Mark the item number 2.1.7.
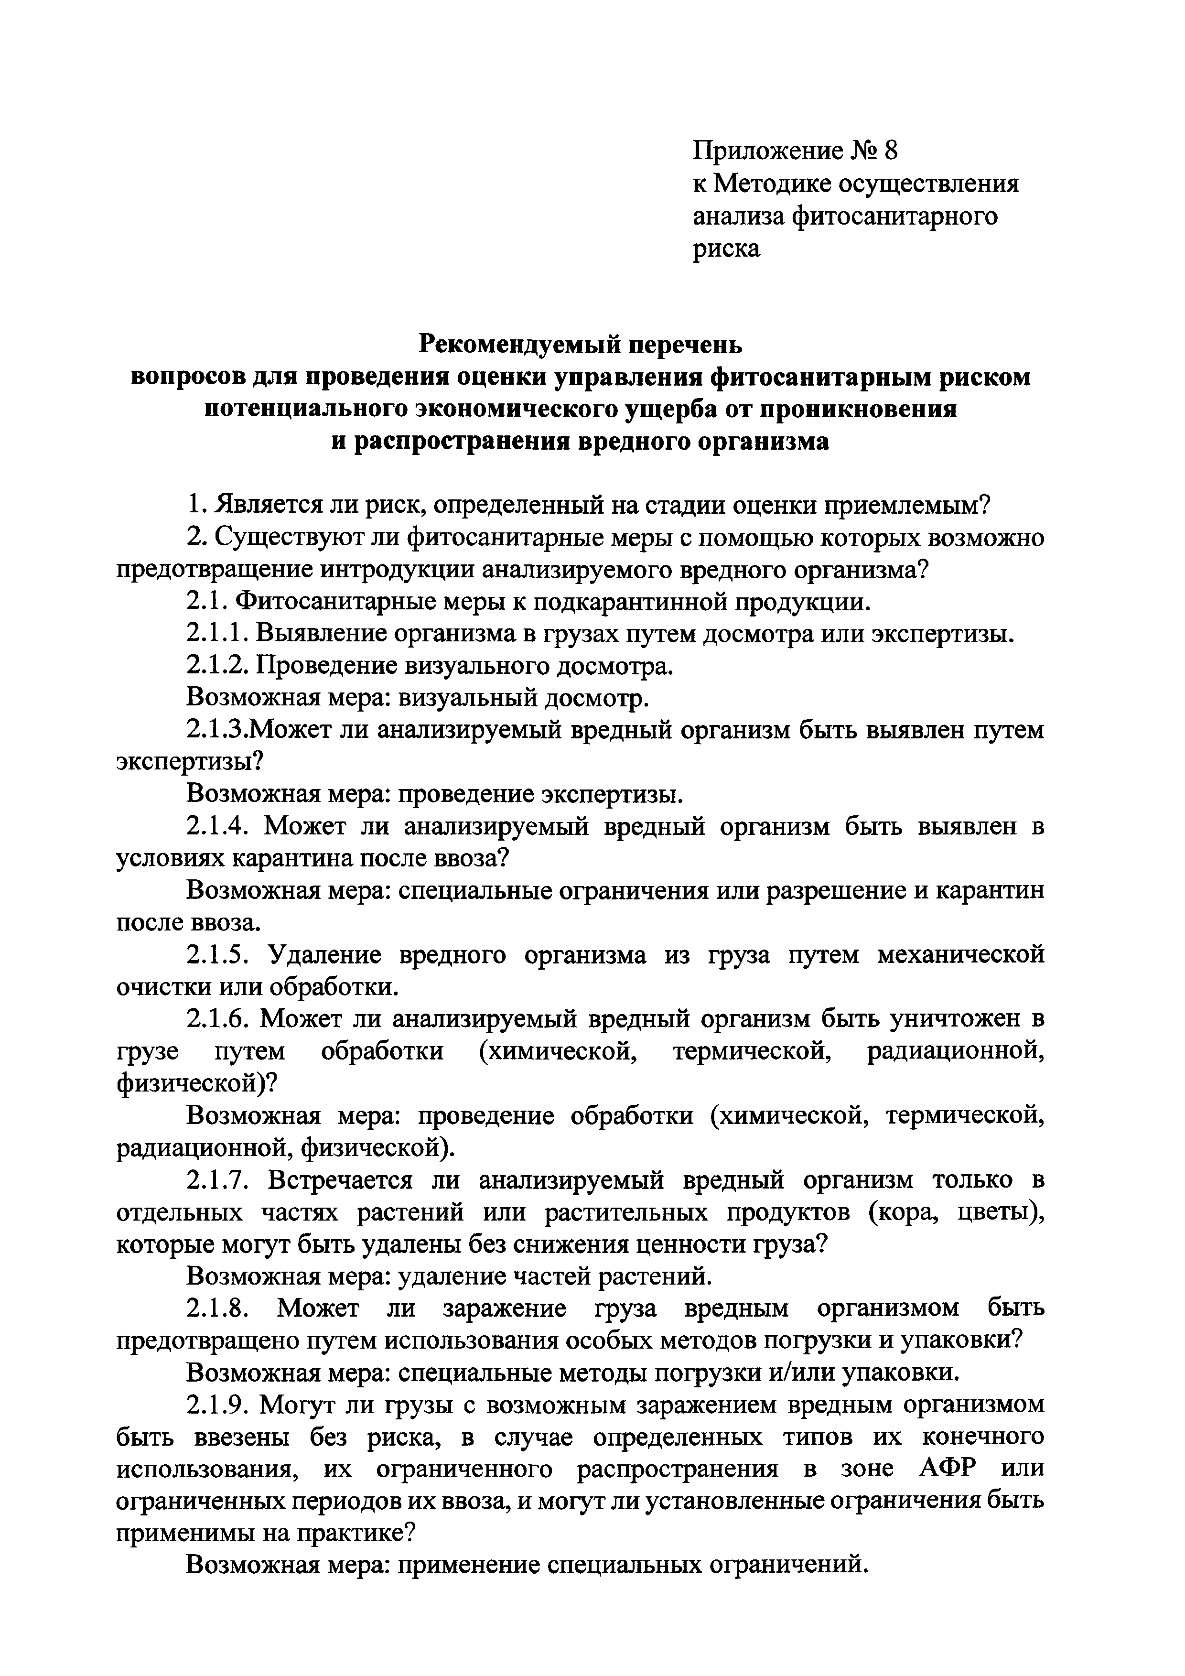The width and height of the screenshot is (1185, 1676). [x=217, y=1180]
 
